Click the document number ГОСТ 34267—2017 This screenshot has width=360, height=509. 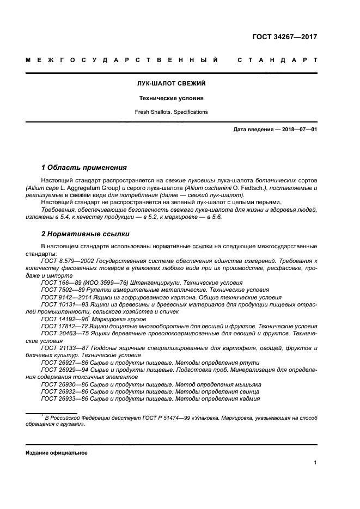pos(284,37)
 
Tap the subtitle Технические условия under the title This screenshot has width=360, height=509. pos(171,99)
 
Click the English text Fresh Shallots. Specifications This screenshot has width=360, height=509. pos(171,112)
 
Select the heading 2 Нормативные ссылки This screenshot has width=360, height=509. pos(85,234)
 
